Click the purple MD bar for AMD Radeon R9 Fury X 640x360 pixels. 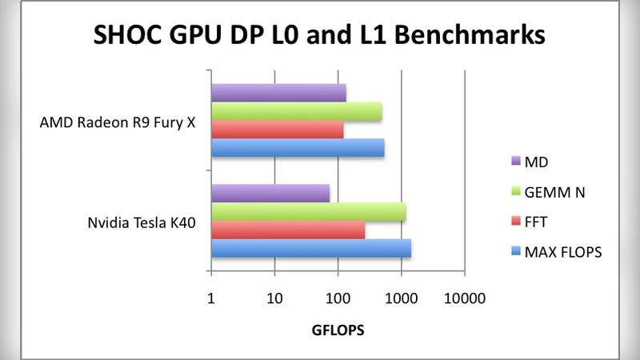[x=278, y=93]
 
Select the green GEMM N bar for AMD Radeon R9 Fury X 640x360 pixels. [x=296, y=111]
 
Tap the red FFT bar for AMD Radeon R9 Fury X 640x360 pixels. [x=277, y=130]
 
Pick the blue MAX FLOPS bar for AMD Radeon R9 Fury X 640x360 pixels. [x=298, y=148]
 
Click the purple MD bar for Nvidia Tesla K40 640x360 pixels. [x=270, y=193]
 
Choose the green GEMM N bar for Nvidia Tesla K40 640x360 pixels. [x=308, y=212]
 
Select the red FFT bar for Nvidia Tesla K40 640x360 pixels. [x=288, y=230]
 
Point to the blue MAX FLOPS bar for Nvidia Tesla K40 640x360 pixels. [x=311, y=249]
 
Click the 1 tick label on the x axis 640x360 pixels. [x=211, y=298]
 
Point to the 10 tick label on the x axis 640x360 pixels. [x=274, y=298]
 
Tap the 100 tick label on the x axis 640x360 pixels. [x=338, y=298]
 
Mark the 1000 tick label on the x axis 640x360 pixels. [x=401, y=298]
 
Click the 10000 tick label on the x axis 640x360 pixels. [x=465, y=298]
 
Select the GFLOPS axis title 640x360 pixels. [x=338, y=330]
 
